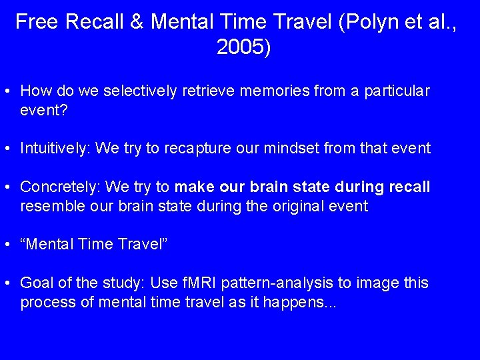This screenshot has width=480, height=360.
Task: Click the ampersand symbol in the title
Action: click(x=137, y=22)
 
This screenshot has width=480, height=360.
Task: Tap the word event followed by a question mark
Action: click(x=44, y=110)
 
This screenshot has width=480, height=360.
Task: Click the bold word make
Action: click(x=195, y=187)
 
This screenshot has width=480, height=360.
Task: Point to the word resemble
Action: click(x=51, y=206)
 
